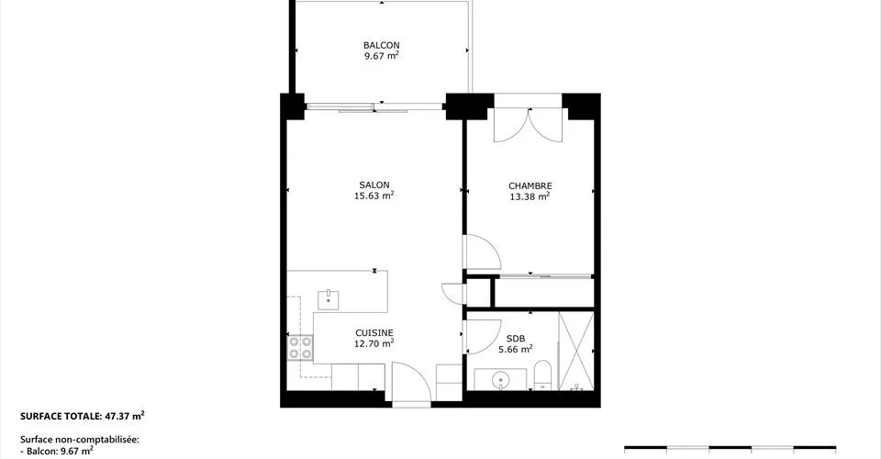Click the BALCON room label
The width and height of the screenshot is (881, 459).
[x=382, y=45]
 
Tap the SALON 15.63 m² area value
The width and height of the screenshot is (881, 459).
[x=374, y=196]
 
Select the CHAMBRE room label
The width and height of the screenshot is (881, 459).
[x=530, y=186]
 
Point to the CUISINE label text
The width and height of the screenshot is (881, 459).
[x=374, y=333]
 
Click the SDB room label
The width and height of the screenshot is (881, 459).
[x=515, y=339]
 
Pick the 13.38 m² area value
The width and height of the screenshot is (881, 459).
[x=530, y=196]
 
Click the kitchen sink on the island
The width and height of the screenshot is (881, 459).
[x=329, y=300]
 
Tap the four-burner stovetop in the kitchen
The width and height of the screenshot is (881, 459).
[x=300, y=348]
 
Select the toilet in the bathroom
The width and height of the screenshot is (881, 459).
[x=542, y=375]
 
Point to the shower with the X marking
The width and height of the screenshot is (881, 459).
[x=576, y=351]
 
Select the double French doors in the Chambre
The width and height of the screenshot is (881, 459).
[x=528, y=125]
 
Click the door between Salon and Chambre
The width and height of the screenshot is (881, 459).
[x=482, y=252]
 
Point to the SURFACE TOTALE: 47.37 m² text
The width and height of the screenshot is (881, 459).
[x=83, y=416]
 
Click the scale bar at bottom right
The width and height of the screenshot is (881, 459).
[x=730, y=449]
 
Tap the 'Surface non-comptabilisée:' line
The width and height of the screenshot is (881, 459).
[x=79, y=440]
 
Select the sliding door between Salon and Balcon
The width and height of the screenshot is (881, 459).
[x=374, y=106]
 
